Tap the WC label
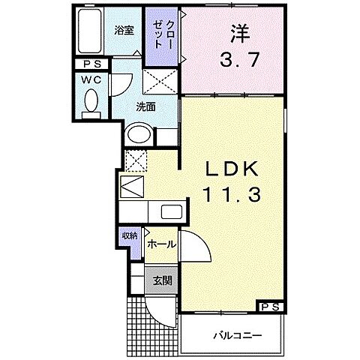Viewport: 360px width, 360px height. coord(92,79)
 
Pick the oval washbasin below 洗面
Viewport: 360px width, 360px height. coord(139,136)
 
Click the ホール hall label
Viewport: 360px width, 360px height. coord(160,244)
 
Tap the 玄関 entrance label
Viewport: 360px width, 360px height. coord(163,281)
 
